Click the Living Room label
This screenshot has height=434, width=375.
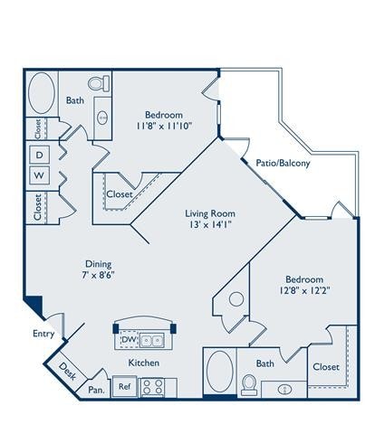[210, 213]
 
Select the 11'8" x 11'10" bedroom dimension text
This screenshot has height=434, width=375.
[163, 128]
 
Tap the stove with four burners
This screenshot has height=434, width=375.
[153, 388]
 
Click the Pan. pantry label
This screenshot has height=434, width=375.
[96, 390]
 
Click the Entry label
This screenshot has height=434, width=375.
[43, 334]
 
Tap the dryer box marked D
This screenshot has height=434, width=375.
[40, 155]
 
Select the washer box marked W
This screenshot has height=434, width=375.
[40, 174]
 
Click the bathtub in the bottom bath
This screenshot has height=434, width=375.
[219, 372]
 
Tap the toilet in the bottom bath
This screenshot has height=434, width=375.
[248, 385]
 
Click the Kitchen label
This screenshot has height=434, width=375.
[145, 361]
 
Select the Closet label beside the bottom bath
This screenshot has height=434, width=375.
[326, 368]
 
